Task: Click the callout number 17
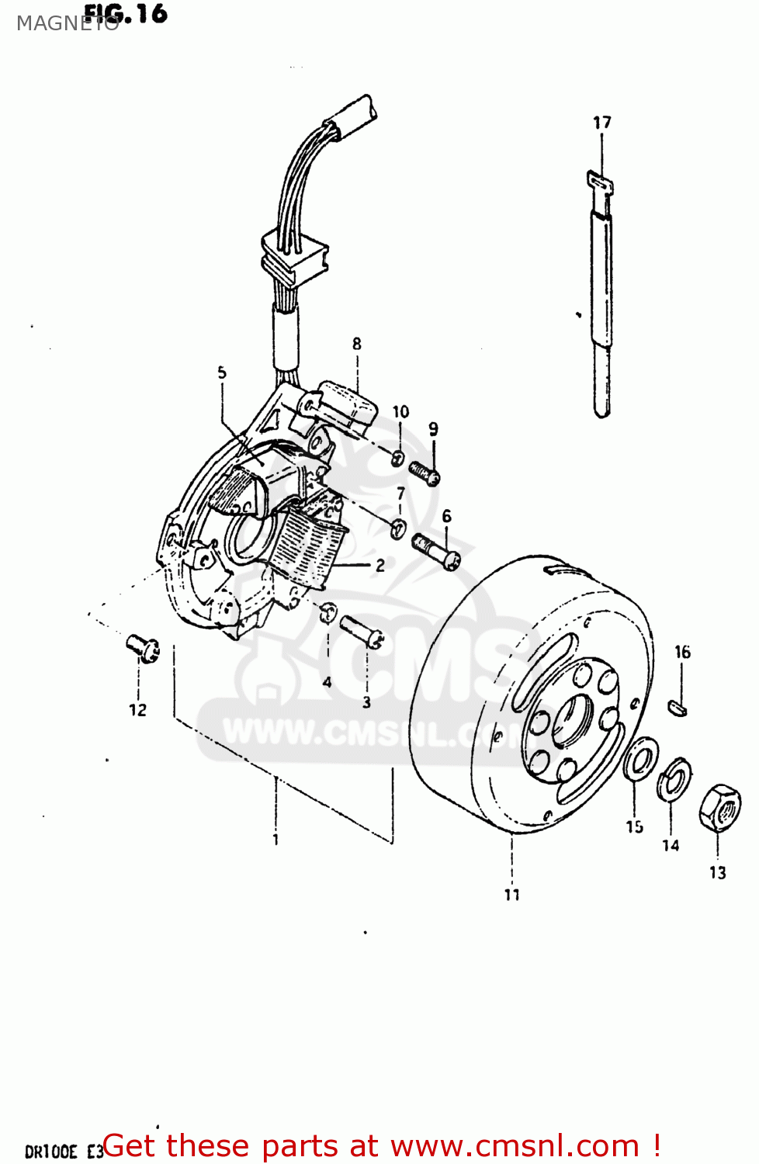point(601,123)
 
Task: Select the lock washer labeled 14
point(674,780)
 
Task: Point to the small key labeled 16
point(678,707)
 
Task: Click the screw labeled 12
point(144,647)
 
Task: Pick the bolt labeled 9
point(425,473)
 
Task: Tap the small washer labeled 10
point(397,457)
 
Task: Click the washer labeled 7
point(398,528)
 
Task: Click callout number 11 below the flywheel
point(511,895)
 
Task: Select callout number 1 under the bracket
point(276,840)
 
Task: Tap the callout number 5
point(222,372)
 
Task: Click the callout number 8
point(356,344)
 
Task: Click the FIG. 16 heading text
point(126,13)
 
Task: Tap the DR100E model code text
point(51,1152)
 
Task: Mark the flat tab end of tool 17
point(599,183)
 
